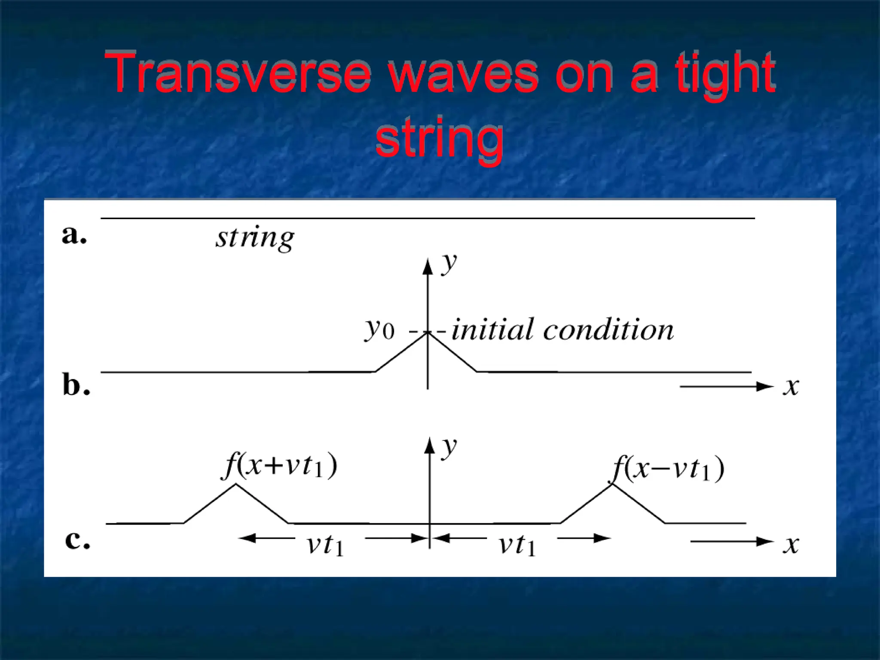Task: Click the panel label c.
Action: (x=77, y=540)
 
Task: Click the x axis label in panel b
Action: (x=790, y=386)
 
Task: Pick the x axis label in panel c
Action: (x=790, y=545)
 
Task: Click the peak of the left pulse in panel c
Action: (x=235, y=485)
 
